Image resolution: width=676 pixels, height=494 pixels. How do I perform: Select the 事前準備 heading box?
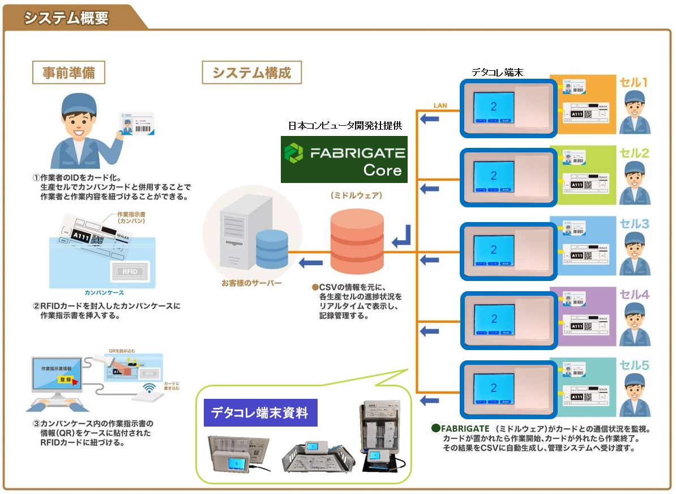tap(67, 73)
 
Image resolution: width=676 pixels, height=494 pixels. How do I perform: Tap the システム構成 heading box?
tap(251, 73)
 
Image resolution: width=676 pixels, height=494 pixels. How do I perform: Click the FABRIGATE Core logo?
tap(344, 159)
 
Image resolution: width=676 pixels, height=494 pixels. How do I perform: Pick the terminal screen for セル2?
tap(494, 177)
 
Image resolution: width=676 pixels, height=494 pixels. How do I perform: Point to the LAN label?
tap(440, 105)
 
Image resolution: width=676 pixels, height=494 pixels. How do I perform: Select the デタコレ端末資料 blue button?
tap(260, 413)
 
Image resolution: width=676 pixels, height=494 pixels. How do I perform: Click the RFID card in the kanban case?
tap(131, 270)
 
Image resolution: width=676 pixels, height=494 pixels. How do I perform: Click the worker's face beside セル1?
tap(635, 107)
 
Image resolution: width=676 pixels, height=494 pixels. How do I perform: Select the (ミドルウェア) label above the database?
tap(357, 195)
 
